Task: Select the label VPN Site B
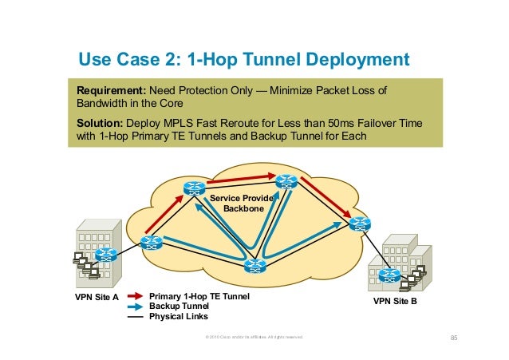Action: pyautogui.click(x=395, y=303)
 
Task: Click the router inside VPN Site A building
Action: pyautogui.click(x=105, y=255)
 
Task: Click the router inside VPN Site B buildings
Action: pyautogui.click(x=389, y=275)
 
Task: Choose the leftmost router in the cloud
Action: pyautogui.click(x=149, y=243)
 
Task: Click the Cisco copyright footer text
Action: pyautogui.click(x=254, y=338)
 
